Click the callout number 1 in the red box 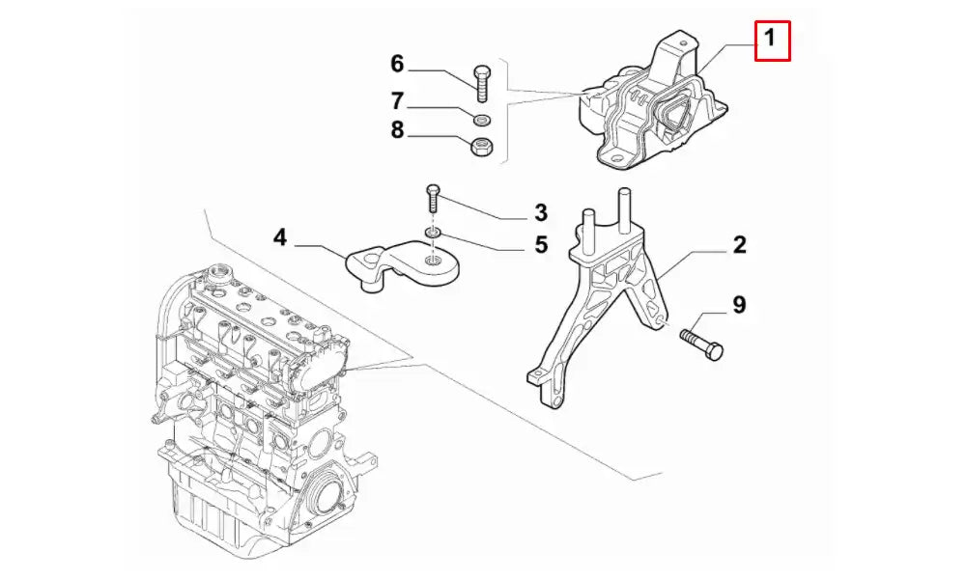tap(770, 40)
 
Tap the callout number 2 tap(739, 245)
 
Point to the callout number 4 tap(279, 236)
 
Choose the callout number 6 tap(397, 65)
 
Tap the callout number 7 tap(397, 100)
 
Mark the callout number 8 tap(397, 131)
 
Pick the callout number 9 tap(739, 306)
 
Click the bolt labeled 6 tap(482, 83)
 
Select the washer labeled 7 tap(482, 120)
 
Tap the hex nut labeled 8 tap(482, 147)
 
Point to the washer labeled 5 tap(433, 234)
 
